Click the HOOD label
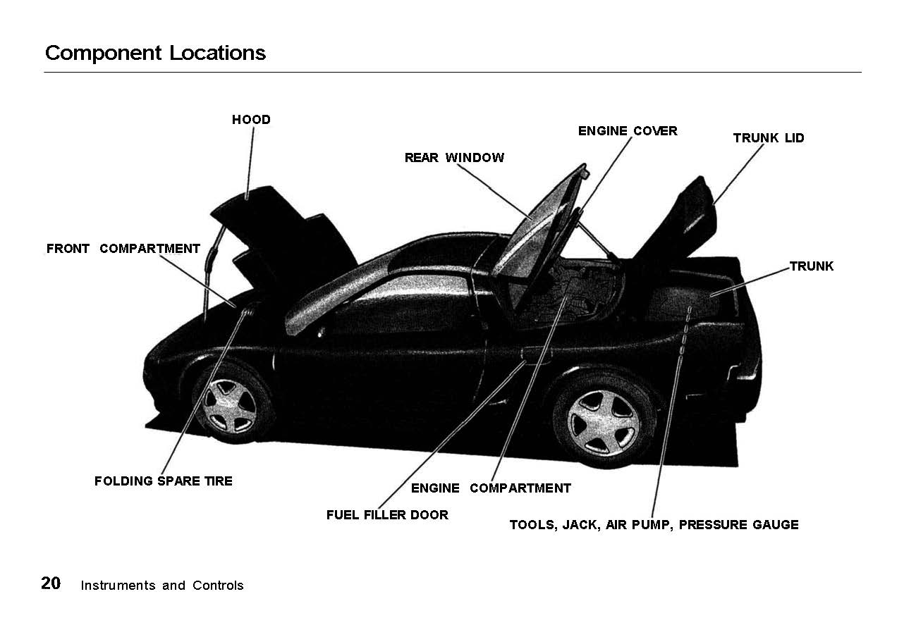tap(251, 120)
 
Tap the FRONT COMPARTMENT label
tap(123, 249)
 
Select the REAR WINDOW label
tap(454, 158)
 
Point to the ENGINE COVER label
tap(628, 131)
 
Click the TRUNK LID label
tap(769, 138)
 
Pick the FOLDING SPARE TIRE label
tap(163, 481)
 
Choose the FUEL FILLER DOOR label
tap(387, 515)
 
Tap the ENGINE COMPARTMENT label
tap(491, 488)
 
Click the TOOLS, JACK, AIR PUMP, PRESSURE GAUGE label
tap(654, 525)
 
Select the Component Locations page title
tap(155, 53)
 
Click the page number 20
tap(51, 583)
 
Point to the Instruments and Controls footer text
tap(162, 586)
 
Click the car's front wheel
tap(229, 404)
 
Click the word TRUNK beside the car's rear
tap(812, 266)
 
